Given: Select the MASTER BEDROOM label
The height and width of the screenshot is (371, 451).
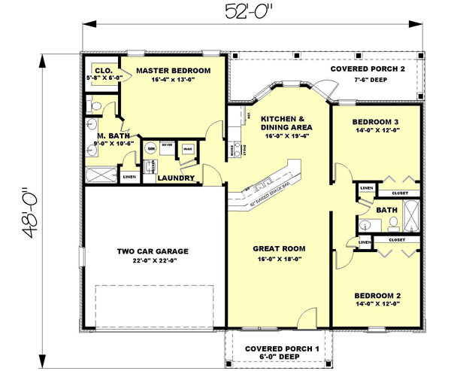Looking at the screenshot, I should pos(172,70).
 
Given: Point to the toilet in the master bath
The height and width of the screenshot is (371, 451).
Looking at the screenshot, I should pos(91,103).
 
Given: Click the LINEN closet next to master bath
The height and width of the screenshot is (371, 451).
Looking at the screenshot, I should pos(129,177).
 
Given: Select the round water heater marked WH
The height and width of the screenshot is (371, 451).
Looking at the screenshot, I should pos(151,149).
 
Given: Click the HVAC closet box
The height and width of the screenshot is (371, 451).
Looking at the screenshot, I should pos(187,149).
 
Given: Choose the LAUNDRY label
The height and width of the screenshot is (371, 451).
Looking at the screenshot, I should pos(177,178).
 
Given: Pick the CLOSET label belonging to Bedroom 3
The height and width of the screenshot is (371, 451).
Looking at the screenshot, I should pos(400,193).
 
